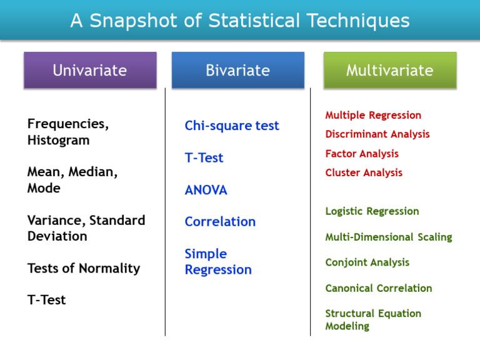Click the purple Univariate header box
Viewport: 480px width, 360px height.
point(89,70)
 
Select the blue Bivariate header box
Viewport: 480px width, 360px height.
point(237,70)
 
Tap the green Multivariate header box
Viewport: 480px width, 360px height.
point(389,70)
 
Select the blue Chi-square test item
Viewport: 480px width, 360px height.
point(232,126)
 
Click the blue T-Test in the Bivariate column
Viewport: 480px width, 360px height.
point(204,158)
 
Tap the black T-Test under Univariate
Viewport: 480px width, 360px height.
point(46,300)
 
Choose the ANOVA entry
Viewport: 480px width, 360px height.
point(206,190)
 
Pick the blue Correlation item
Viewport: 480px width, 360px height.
point(220,222)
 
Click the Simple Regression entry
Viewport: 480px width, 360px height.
point(218,262)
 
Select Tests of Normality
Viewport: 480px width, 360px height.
point(84,268)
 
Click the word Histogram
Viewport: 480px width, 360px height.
point(58,141)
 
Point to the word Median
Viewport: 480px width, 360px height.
point(93,172)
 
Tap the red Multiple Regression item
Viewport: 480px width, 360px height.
point(373,115)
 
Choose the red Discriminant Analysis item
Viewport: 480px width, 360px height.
point(377,134)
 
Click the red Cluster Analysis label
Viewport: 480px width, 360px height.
point(364,172)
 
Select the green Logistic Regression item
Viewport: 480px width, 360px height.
point(372,211)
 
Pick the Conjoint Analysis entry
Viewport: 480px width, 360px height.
point(367,262)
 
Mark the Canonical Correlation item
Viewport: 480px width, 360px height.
point(378,288)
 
